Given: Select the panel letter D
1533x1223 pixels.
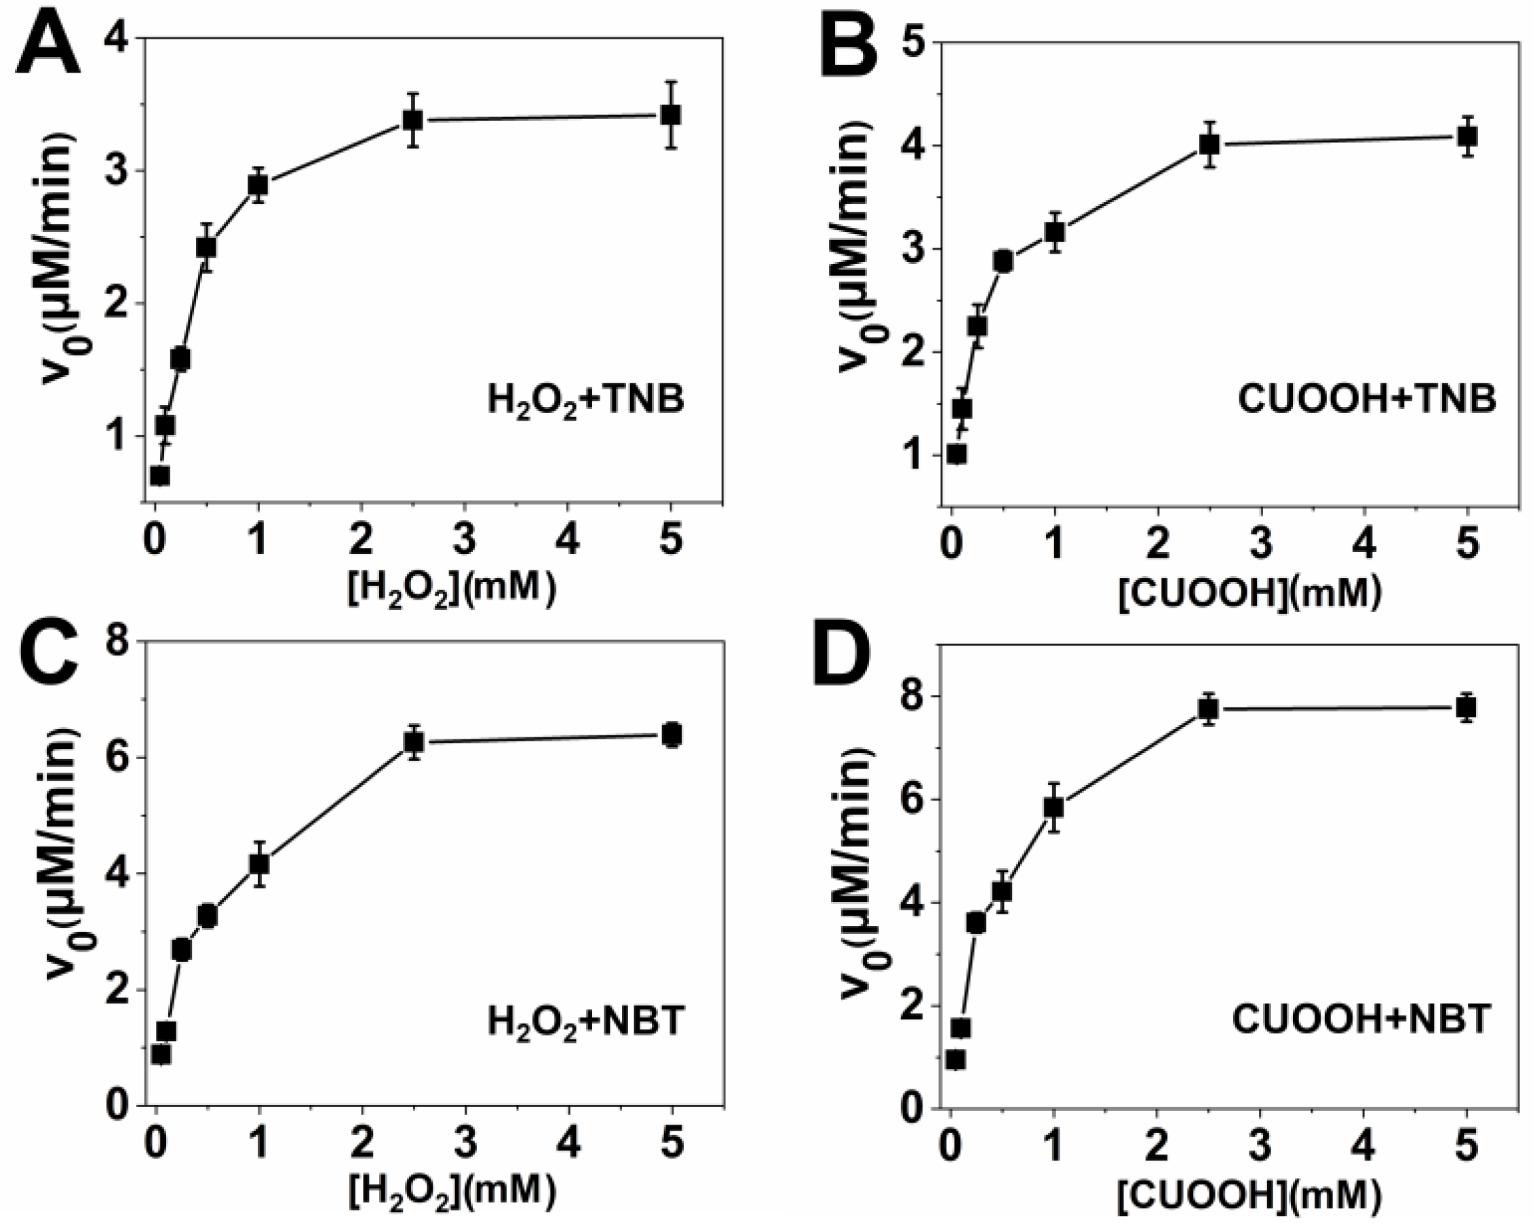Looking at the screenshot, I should [x=845, y=665].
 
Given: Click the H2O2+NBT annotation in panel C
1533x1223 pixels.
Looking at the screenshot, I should [x=585, y=1022].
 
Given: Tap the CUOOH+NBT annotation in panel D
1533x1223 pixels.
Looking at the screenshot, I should [x=1360, y=1020].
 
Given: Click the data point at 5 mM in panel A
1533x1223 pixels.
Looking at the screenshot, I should [x=670, y=115].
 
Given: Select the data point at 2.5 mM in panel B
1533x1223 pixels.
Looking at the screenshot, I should [x=1209, y=144].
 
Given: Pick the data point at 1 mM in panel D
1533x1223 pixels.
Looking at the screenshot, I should [x=1053, y=807].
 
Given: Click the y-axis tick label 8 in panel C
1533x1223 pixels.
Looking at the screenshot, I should [x=116, y=642].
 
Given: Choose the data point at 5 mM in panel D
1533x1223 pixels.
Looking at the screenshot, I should [x=1466, y=707].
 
